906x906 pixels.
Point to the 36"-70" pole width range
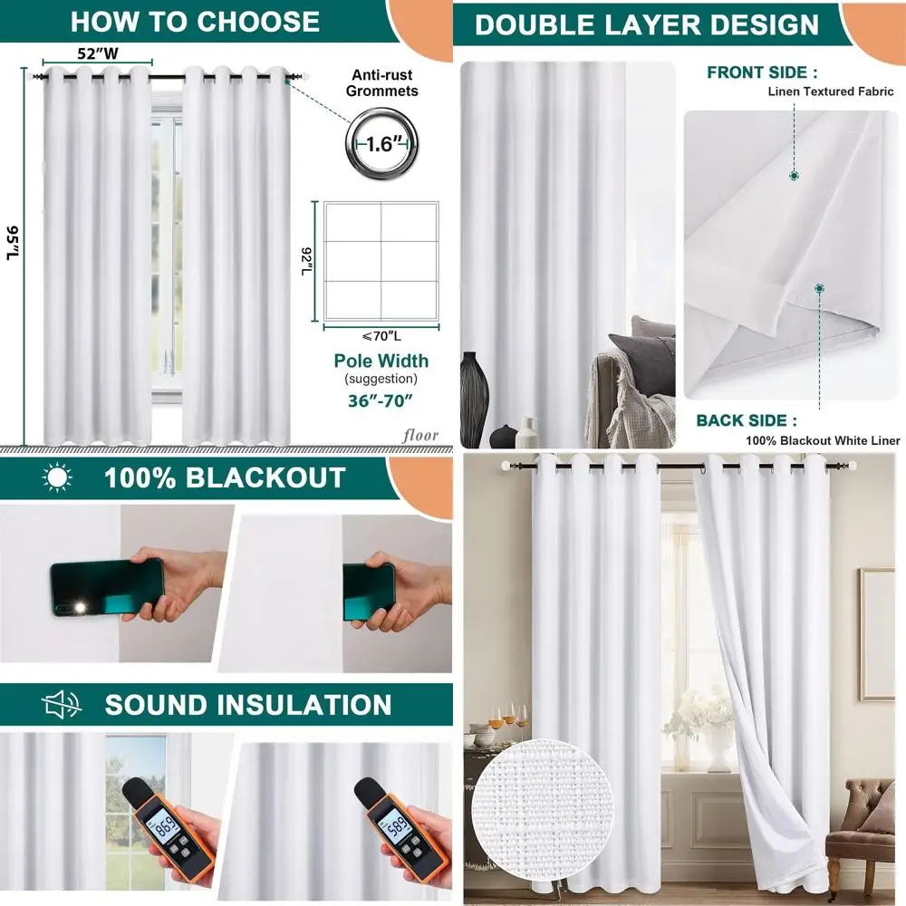click(381, 399)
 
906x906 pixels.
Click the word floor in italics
click(421, 436)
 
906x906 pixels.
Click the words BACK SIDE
click(747, 420)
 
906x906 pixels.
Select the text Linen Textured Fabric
click(831, 92)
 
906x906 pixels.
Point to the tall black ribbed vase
click(474, 399)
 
